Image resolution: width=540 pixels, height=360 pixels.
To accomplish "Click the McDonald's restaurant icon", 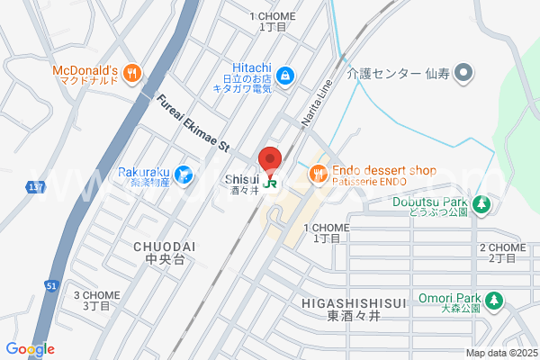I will point(131,74).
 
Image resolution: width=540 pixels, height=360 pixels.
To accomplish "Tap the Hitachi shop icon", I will point(284,76).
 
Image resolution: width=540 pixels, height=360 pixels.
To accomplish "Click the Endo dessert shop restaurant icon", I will point(317,172).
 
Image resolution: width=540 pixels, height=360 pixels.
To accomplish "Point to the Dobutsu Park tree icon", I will point(481,205).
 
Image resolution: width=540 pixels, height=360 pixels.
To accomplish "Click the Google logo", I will point(30,349).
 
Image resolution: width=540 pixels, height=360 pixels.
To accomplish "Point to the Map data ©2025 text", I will point(501,353).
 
